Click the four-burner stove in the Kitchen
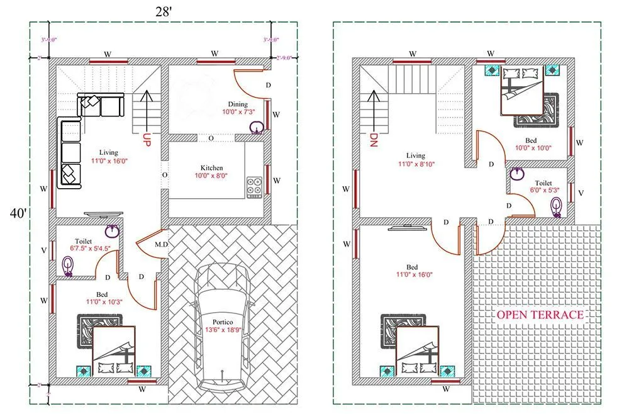(x=255, y=187)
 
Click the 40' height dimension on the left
(x=17, y=214)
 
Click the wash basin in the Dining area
(x=256, y=128)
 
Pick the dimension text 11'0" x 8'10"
(x=416, y=164)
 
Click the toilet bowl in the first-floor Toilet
(x=556, y=206)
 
